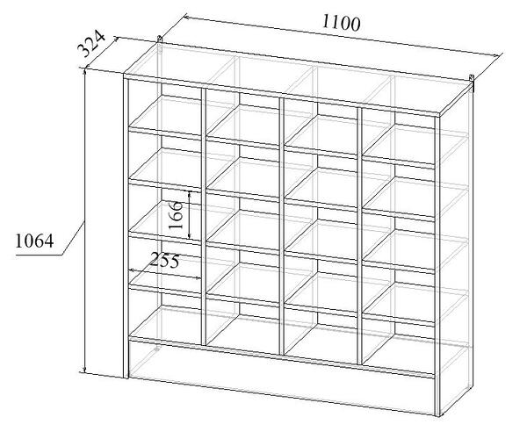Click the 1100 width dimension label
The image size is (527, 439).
tap(342, 23)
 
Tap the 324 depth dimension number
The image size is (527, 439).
tap(91, 44)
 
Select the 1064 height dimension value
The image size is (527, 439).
tap(34, 241)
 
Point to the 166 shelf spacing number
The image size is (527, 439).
tap(176, 215)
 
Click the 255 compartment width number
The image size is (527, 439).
tap(164, 260)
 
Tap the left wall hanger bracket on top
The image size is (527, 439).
tap(160, 40)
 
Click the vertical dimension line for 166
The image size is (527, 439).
tap(190, 215)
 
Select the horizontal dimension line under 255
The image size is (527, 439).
tap(165, 273)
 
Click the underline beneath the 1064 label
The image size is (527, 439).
tap(39, 255)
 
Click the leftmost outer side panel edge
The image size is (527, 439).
tap(126, 226)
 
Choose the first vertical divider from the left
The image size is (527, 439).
tap(204, 216)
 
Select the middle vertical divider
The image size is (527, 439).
tap(282, 226)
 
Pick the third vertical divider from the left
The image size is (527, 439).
tap(360, 236)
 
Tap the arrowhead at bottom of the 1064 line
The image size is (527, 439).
tap(85, 369)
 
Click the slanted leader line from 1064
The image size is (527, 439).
tap(73, 238)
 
